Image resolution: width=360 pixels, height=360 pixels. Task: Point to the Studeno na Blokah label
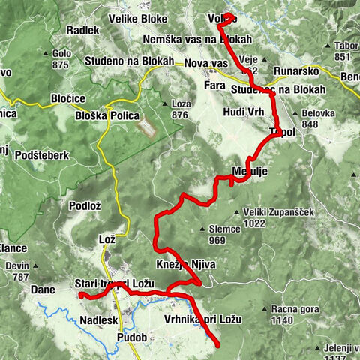129,61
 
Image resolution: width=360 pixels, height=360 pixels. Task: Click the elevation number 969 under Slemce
217,240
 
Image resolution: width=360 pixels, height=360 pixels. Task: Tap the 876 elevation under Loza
180,115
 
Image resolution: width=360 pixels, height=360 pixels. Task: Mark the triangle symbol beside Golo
55,55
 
